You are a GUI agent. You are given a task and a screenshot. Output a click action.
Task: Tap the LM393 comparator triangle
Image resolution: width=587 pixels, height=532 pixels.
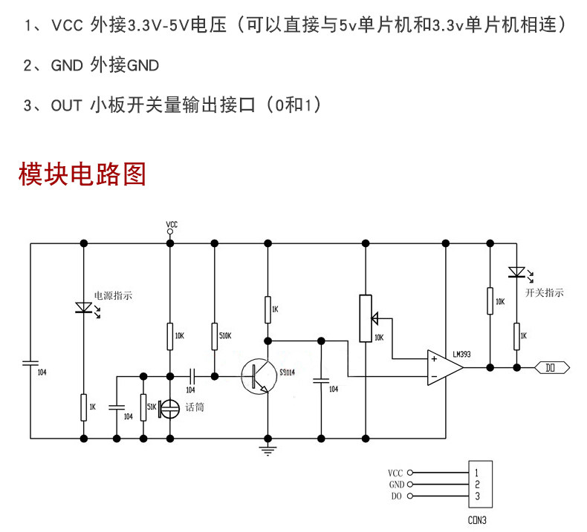444,368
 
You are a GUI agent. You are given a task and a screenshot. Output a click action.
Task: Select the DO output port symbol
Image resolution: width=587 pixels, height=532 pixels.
552,368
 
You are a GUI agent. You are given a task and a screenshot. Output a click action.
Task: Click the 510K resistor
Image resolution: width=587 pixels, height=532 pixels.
215,336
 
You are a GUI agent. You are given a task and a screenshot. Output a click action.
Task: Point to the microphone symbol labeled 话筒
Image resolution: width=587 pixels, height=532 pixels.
169,409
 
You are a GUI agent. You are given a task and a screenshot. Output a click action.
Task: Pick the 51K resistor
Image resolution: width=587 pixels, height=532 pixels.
143,407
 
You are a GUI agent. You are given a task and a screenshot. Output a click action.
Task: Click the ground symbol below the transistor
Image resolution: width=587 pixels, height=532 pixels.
267,450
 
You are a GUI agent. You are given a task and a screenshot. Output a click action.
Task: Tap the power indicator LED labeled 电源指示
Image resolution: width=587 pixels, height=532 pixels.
84,308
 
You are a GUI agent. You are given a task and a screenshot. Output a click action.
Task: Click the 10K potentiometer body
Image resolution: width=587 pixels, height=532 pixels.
366,318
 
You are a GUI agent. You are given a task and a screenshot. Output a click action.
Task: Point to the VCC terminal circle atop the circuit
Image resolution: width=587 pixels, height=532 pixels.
170,231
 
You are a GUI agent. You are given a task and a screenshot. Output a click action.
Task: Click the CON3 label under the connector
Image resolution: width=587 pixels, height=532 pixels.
477,520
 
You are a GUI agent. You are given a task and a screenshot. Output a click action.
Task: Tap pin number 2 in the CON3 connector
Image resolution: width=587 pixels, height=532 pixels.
477,485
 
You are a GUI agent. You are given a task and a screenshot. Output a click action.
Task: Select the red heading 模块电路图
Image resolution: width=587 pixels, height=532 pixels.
82,174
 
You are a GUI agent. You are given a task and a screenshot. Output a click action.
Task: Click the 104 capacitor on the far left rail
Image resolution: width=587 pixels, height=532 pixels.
30,363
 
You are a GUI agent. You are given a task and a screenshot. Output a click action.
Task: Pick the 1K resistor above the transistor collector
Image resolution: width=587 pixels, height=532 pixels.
267,309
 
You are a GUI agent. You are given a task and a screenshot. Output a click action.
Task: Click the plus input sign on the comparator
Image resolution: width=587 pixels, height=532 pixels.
434,359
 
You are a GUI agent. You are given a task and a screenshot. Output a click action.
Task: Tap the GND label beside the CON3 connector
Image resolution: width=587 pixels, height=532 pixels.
397,485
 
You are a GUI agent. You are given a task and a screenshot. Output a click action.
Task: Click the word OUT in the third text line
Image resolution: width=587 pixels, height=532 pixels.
66,105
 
